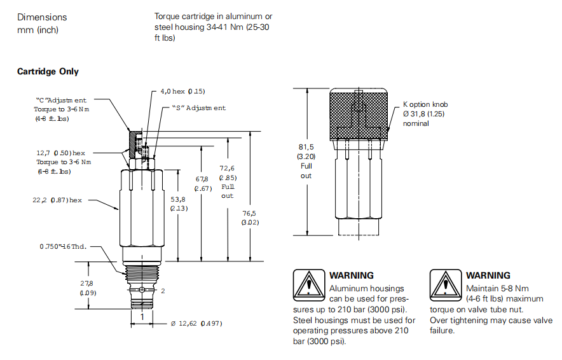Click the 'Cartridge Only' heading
click(x=48, y=71)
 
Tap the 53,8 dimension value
click(x=178, y=199)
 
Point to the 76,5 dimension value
click(x=248, y=214)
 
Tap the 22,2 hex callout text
click(x=58, y=200)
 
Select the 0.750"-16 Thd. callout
click(x=64, y=247)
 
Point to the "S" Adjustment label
click(x=199, y=108)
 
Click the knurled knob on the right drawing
click(x=358, y=114)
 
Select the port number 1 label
click(x=142, y=316)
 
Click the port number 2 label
click(x=163, y=291)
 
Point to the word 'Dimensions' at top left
click(x=42, y=17)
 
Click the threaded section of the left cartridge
click(x=142, y=274)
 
